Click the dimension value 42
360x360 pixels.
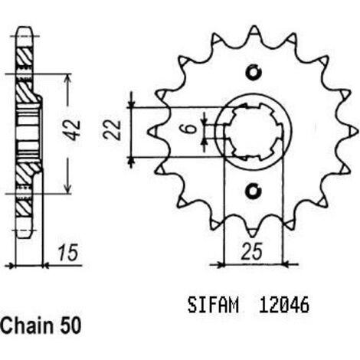[74, 130]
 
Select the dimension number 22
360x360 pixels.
[112, 129]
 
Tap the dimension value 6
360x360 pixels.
[190, 129]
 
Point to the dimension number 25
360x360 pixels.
[251, 251]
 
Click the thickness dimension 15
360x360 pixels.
[67, 253]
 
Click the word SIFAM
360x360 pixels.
[213, 305]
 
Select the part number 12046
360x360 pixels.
[283, 305]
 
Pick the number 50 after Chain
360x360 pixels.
[70, 326]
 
